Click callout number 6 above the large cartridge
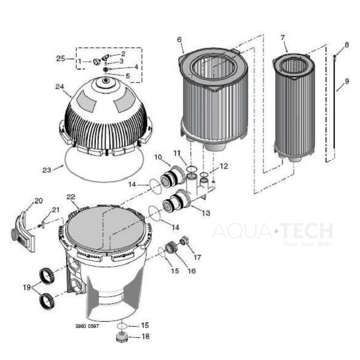click(x=179, y=40)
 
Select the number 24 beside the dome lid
click(x=60, y=86)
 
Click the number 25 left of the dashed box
click(x=61, y=59)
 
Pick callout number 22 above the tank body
click(x=71, y=197)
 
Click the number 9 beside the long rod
click(x=347, y=81)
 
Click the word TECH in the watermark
click(x=307, y=231)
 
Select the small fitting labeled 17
click(x=184, y=240)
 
